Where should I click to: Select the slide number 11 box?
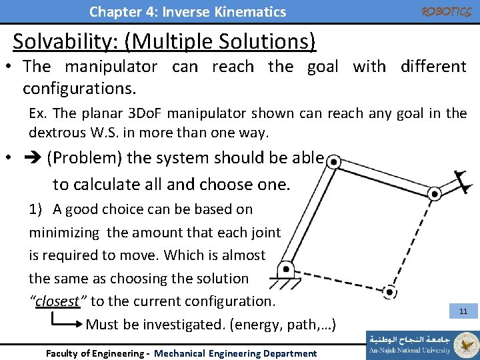click(463, 311)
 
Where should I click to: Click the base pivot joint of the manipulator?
click(286, 269)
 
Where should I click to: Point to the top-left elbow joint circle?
click(335, 162)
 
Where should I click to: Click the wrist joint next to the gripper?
click(434, 194)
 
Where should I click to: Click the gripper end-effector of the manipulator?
click(458, 180)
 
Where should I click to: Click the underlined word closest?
click(57, 301)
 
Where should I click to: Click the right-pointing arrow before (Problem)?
click(33, 159)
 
